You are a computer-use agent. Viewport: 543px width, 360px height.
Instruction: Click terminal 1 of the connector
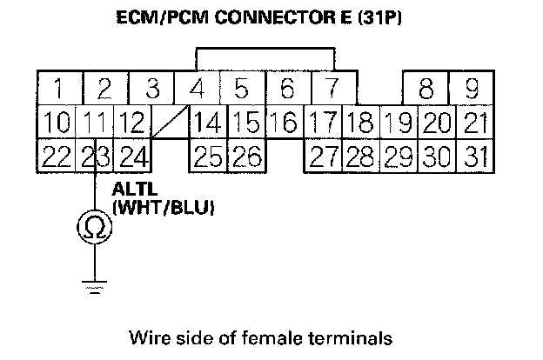pyautogui.click(x=57, y=89)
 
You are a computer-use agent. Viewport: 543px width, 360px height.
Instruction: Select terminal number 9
pyautogui.click(x=472, y=89)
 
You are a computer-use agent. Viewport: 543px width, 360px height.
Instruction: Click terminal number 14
pyautogui.click(x=206, y=123)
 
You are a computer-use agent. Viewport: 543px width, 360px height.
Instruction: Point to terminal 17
pyautogui.click(x=323, y=123)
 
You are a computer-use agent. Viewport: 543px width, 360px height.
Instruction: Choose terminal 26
pyautogui.click(x=246, y=156)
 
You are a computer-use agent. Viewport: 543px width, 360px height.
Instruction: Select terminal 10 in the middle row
pyautogui.click(x=57, y=123)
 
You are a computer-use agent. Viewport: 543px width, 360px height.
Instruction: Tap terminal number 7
pyautogui.click(x=330, y=89)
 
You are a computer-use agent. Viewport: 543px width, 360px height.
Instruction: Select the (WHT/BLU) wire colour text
pyautogui.click(x=164, y=208)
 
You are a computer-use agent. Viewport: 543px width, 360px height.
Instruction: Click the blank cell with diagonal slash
pyautogui.click(x=170, y=123)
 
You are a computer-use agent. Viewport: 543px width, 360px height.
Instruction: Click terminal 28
pyautogui.click(x=359, y=156)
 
